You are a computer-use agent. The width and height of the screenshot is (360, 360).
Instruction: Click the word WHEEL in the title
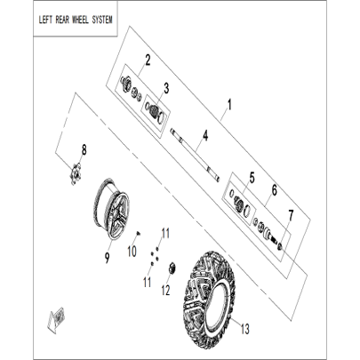pyautogui.click(x=80, y=20)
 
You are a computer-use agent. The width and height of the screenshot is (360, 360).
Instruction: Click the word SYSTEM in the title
pyautogui.click(x=102, y=20)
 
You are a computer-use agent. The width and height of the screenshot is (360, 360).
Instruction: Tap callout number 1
pyautogui.click(x=228, y=105)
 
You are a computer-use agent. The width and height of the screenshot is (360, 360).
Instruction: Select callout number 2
pyautogui.click(x=148, y=60)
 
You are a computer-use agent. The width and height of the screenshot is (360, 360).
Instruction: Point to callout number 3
pyautogui.click(x=166, y=88)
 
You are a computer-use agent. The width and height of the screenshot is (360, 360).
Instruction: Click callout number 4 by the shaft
pyautogui.click(x=205, y=136)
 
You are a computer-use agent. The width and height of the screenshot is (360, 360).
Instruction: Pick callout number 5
pyautogui.click(x=252, y=178)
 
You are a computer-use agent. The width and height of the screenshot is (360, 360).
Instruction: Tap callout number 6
pyautogui.click(x=275, y=190)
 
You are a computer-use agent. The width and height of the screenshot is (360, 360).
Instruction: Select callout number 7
pyautogui.click(x=291, y=216)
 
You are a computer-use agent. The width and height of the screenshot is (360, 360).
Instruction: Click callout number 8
pyautogui.click(x=84, y=150)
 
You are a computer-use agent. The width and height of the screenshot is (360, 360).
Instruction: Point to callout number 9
pyautogui.click(x=107, y=258)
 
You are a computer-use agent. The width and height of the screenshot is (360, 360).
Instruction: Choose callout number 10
pyautogui.click(x=132, y=252)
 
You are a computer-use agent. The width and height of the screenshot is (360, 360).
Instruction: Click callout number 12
pyautogui.click(x=165, y=291)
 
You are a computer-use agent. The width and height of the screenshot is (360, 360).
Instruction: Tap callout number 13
pyautogui.click(x=244, y=329)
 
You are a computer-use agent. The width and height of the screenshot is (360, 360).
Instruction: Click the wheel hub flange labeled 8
pyautogui.click(x=75, y=174)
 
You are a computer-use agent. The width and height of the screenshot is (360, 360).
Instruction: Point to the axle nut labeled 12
pyautogui.click(x=172, y=268)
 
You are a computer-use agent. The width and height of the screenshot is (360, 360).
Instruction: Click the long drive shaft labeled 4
pyautogui.click(x=195, y=155)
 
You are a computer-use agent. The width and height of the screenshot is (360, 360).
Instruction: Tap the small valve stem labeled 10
pyautogui.click(x=139, y=234)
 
